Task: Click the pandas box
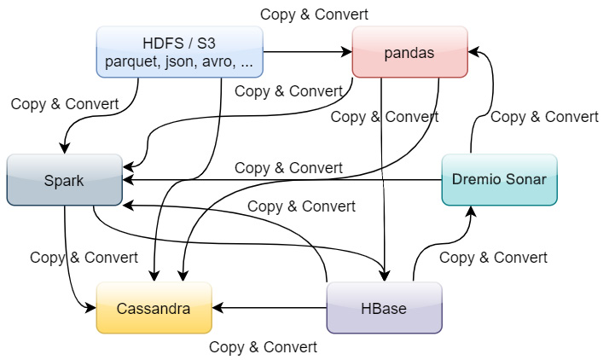[x=409, y=52]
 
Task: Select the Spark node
[x=65, y=180]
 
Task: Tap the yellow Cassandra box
[x=154, y=308]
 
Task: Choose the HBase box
[x=384, y=308]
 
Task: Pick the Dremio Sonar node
[x=499, y=180]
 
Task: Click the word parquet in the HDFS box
[x=130, y=61]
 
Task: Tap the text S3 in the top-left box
[x=204, y=44]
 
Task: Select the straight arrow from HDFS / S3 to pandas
[x=307, y=52]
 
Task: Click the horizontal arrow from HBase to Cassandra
[x=269, y=308]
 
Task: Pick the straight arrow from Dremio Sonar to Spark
[x=281, y=180]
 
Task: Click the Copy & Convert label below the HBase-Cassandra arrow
[x=263, y=347]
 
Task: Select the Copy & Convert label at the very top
[x=314, y=14]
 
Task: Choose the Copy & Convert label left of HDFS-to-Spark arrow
[x=65, y=104]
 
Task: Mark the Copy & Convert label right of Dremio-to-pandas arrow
[x=544, y=117]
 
